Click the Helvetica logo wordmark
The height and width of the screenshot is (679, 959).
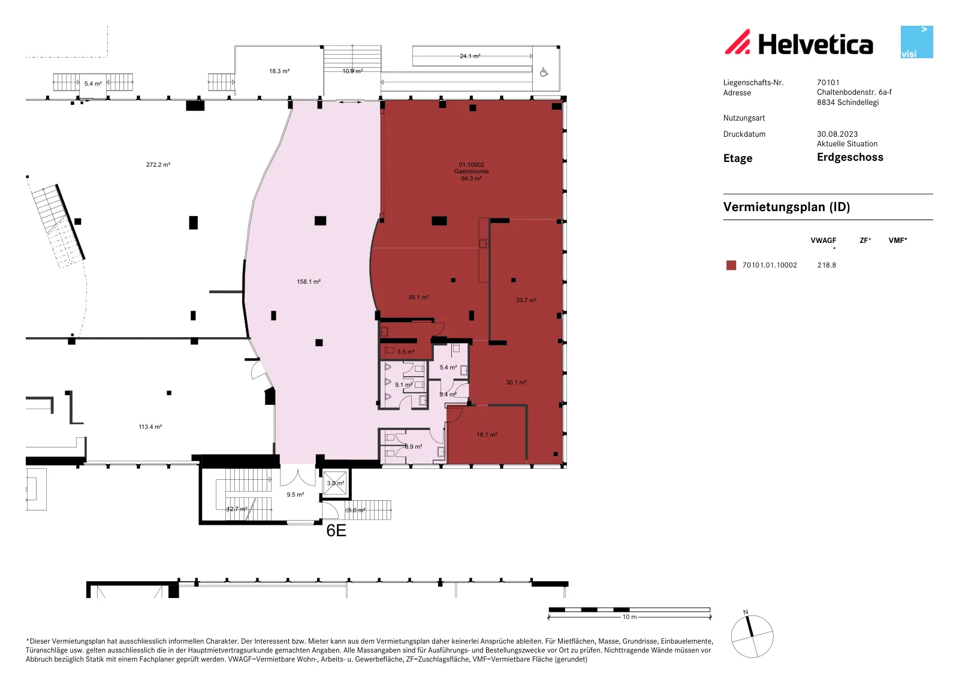(815, 44)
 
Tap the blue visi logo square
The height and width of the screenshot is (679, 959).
(916, 42)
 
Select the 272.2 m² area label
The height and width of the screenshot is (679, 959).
(158, 164)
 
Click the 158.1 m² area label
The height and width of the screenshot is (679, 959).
(309, 281)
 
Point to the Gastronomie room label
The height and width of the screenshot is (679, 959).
(471, 172)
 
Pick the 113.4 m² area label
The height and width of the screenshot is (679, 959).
(150, 426)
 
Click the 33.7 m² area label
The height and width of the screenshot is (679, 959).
(526, 301)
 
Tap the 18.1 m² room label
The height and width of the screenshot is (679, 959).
(487, 434)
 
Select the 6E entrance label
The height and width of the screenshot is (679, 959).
(336, 531)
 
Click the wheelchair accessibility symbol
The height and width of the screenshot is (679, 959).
(544, 72)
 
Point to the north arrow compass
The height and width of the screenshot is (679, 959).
(752, 636)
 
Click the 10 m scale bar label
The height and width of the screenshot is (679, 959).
(629, 617)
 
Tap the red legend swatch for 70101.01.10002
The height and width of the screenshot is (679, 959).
(731, 265)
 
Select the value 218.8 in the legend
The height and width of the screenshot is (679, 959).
(827, 265)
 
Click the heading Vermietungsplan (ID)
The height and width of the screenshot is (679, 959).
(786, 207)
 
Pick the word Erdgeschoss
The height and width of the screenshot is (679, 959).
(850, 157)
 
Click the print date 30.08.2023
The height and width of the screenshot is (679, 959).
(837, 134)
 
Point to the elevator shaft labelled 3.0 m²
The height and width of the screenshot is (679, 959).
(335, 483)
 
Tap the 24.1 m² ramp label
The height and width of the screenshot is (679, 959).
(470, 56)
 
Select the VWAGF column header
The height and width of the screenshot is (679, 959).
(824, 241)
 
